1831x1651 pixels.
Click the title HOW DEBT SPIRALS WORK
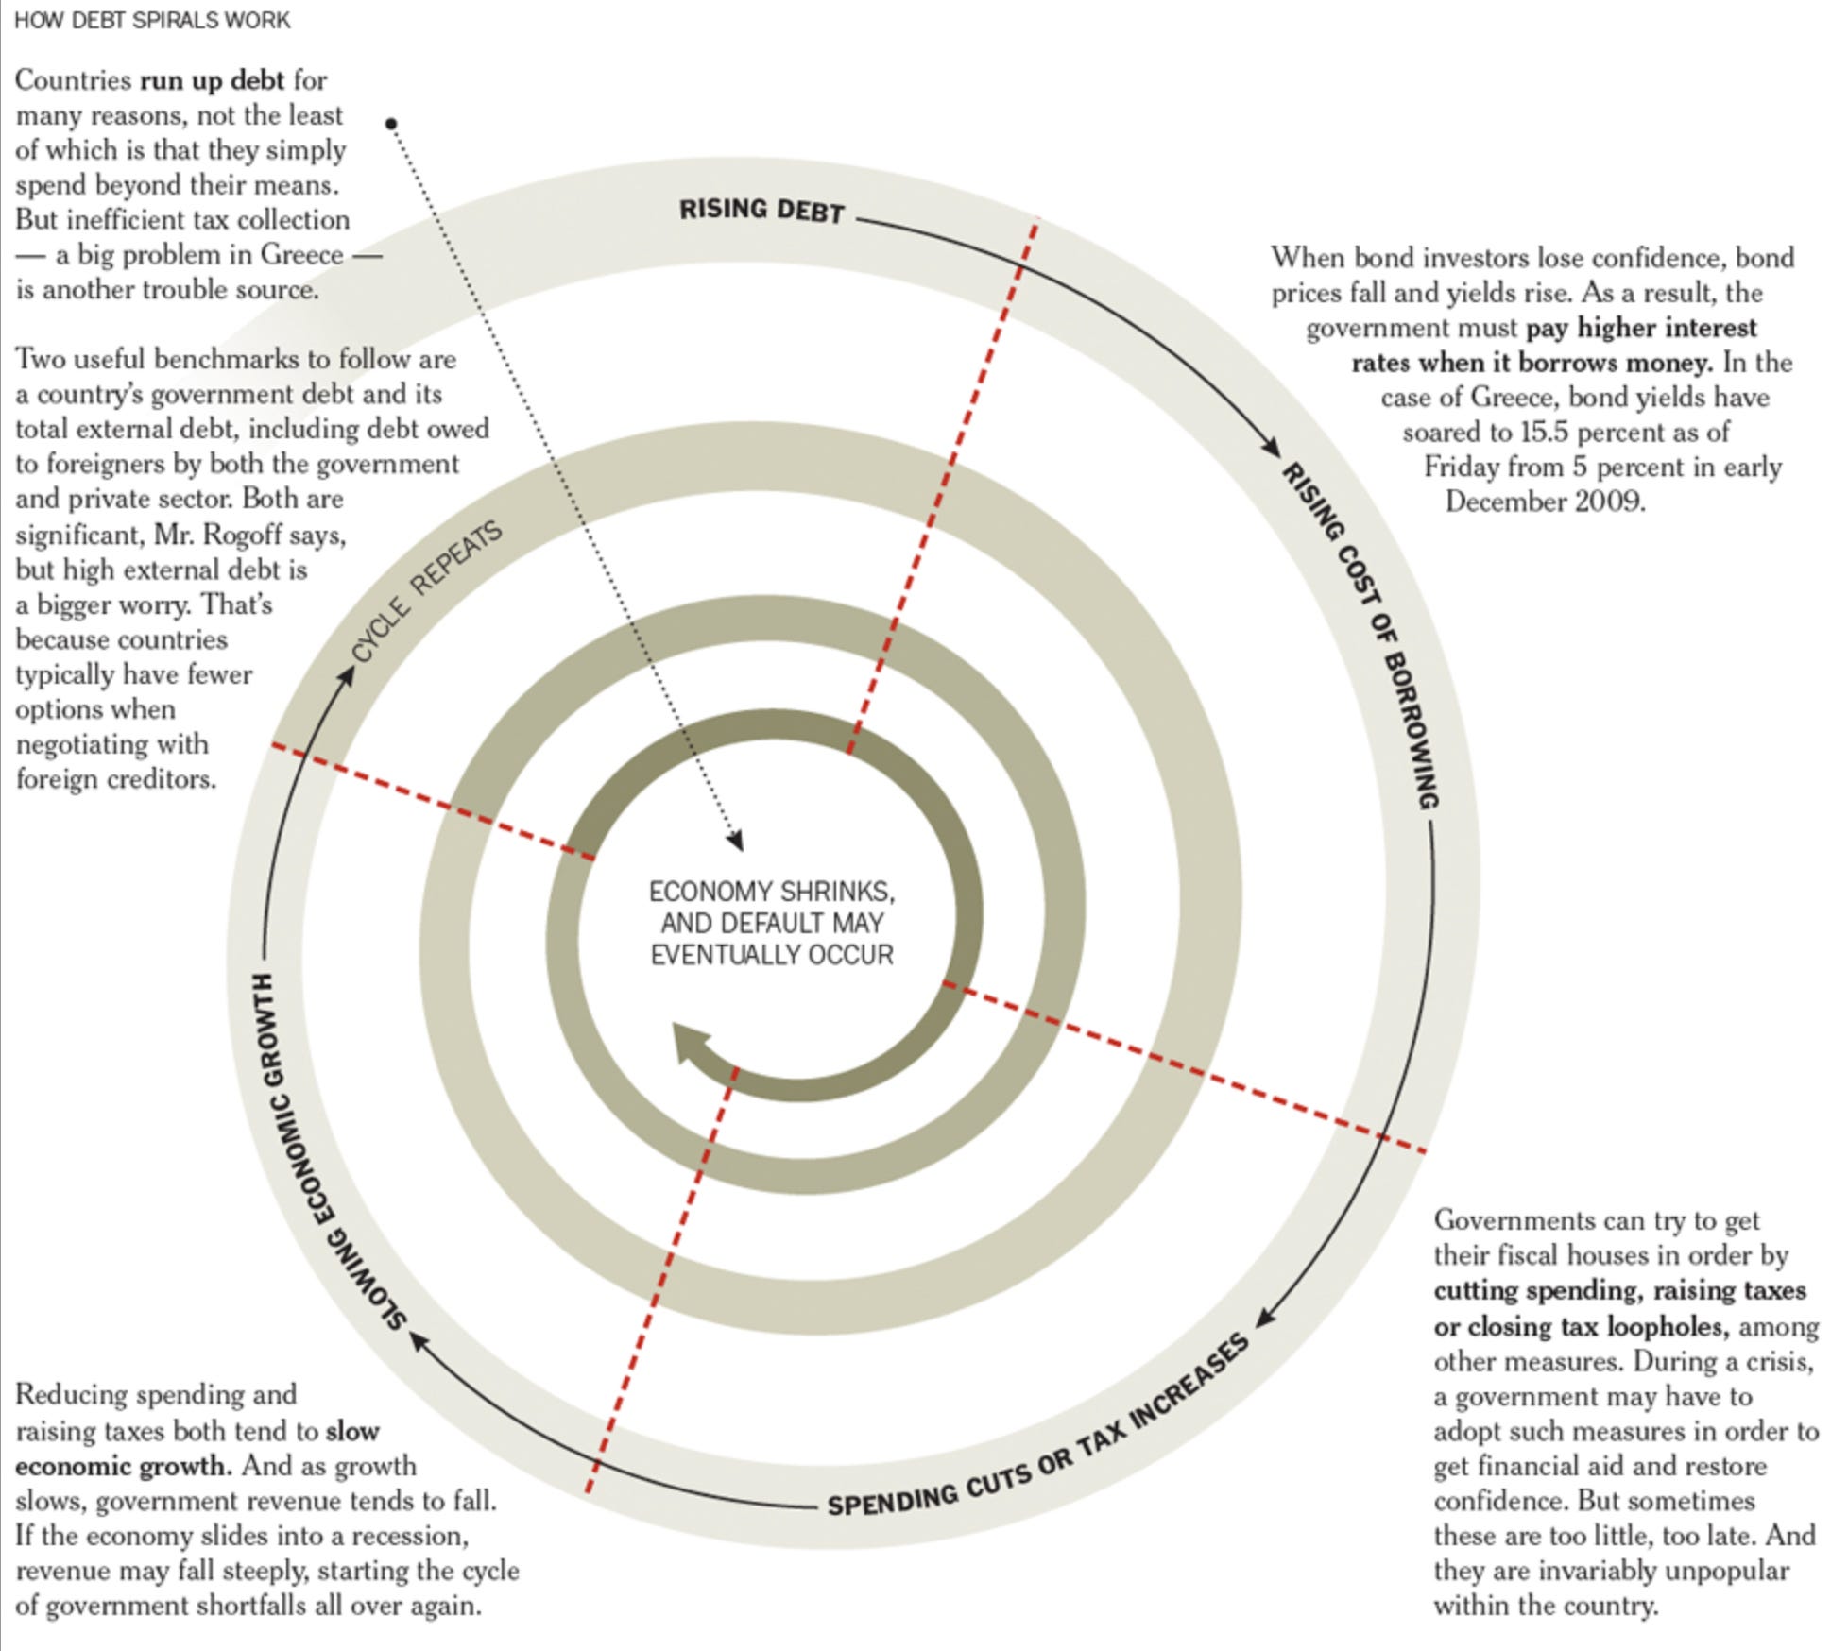pos(152,21)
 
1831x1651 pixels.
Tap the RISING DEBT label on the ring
pos(761,210)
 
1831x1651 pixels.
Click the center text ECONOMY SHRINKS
pos(771,892)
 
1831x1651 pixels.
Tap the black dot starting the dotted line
pos(391,123)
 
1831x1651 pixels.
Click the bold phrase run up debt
pos(212,80)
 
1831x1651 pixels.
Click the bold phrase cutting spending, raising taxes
pos(1619,1290)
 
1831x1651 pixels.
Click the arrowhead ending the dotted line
pos(736,840)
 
